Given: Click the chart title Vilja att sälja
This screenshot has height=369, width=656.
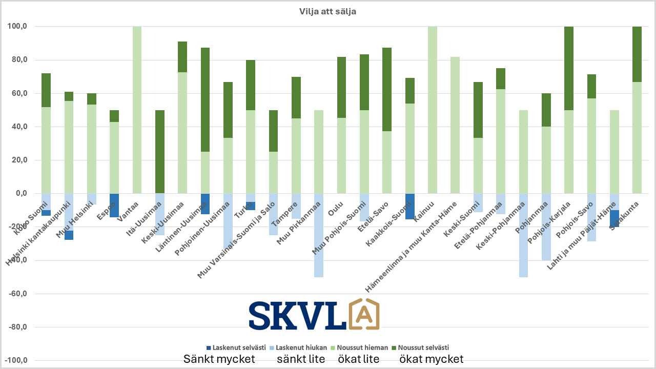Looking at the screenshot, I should [327, 12].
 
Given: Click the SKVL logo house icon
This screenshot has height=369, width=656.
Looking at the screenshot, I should [364, 314].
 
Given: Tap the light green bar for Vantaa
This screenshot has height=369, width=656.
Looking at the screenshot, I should [137, 110].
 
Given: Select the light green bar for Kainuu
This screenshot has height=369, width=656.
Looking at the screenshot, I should [433, 110].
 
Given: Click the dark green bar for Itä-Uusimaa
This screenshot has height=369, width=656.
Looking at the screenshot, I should [160, 152].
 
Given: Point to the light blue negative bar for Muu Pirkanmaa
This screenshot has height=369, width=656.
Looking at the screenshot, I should [319, 235].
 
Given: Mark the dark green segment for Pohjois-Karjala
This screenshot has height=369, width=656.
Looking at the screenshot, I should [568, 68].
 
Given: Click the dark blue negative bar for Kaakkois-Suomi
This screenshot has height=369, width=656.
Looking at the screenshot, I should [410, 206].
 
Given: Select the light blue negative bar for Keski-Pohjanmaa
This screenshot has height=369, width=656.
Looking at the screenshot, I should [524, 235].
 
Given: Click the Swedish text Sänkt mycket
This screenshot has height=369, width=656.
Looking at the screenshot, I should [219, 359].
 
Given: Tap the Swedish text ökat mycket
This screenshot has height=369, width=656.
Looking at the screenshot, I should [432, 359].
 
